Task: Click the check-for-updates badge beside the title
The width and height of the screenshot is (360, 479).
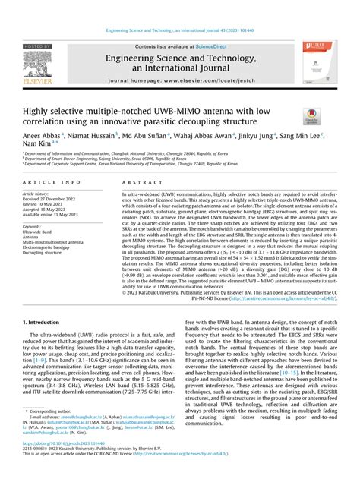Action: (312, 117)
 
